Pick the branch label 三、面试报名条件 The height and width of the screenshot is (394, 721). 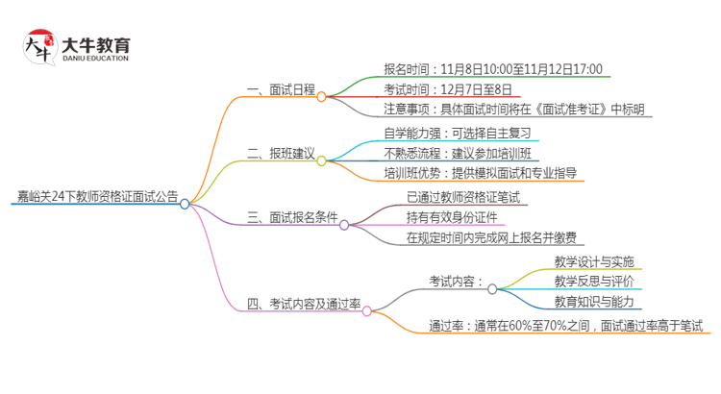pyautogui.click(x=293, y=218)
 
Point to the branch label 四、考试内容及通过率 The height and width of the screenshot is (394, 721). pyautogui.click(x=304, y=304)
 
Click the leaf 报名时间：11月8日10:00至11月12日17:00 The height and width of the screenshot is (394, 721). pyautogui.click(x=493, y=68)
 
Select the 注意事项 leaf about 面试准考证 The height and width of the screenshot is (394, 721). pyautogui.click(x=514, y=110)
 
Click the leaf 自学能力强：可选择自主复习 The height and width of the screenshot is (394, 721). pyautogui.click(x=457, y=133)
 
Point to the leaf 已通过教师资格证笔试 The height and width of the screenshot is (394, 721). pyautogui.click(x=463, y=197)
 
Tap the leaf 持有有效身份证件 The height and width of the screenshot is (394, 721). pyautogui.click(x=451, y=217)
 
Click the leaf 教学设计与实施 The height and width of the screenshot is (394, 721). pyautogui.click(x=593, y=261)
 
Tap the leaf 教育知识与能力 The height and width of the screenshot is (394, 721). pyautogui.click(x=593, y=302)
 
